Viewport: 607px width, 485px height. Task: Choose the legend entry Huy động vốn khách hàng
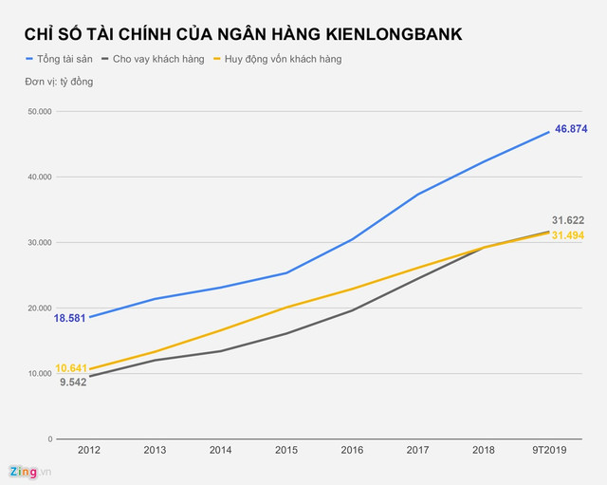(282, 59)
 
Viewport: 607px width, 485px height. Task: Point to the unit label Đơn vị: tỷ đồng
(59, 82)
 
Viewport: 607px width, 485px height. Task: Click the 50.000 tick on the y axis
(38, 112)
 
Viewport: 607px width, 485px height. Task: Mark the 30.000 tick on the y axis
(38, 243)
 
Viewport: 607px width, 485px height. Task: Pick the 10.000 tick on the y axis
(38, 374)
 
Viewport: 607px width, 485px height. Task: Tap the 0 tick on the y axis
(48, 439)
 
